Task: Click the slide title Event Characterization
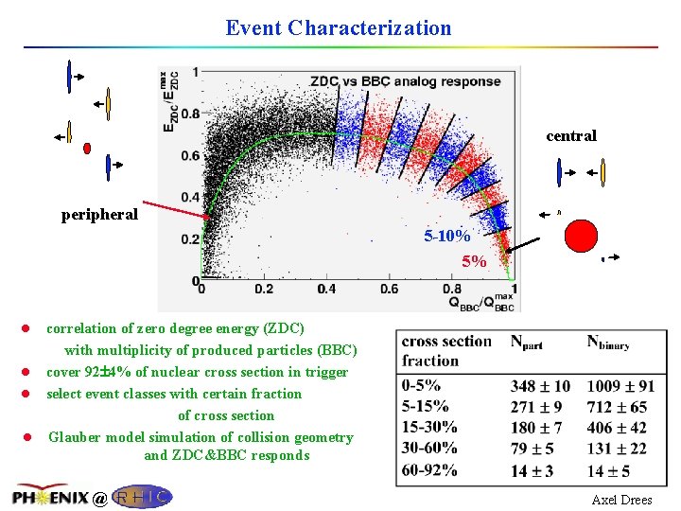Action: coord(339,27)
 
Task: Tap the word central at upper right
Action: coord(571,135)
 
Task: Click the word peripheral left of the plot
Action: coord(99,214)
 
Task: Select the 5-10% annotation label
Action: coord(447,237)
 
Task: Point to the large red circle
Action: coord(582,236)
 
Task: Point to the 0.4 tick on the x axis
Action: coord(325,289)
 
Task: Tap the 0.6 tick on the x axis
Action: coord(389,289)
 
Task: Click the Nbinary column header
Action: coord(607,342)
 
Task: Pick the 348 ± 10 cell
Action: coord(540,386)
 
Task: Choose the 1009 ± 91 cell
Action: coord(620,386)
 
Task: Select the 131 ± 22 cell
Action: coord(617,449)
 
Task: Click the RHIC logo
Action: coord(141,496)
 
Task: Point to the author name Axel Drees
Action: coord(621,500)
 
